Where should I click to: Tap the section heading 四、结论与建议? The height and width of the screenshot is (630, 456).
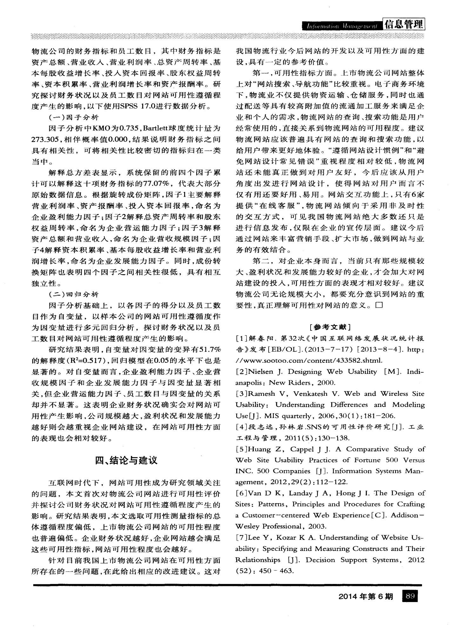[126, 460]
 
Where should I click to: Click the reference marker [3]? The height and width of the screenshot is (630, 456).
[241, 394]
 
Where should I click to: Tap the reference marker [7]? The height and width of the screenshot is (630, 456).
[241, 538]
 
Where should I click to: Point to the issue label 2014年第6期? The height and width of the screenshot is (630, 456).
[365, 597]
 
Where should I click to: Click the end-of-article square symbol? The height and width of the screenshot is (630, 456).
[379, 305]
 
